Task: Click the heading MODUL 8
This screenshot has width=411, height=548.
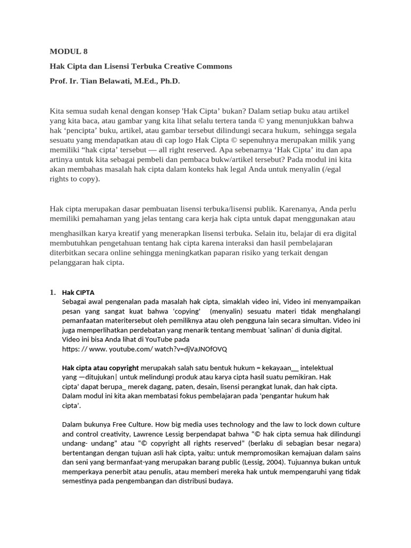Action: pos(68,52)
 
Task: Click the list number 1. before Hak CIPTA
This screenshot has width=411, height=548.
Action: pos(52,292)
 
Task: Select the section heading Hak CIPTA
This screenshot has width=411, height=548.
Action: pos(78,293)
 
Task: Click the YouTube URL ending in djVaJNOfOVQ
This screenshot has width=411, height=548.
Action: pos(144,349)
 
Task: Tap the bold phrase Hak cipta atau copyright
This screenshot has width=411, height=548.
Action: pos(101,368)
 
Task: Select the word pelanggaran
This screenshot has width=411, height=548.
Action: pos(71,263)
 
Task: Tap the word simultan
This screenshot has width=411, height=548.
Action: pos(311,321)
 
